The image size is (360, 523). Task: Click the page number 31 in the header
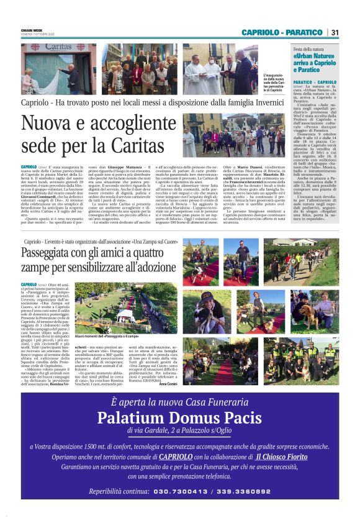click(x=334, y=32)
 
